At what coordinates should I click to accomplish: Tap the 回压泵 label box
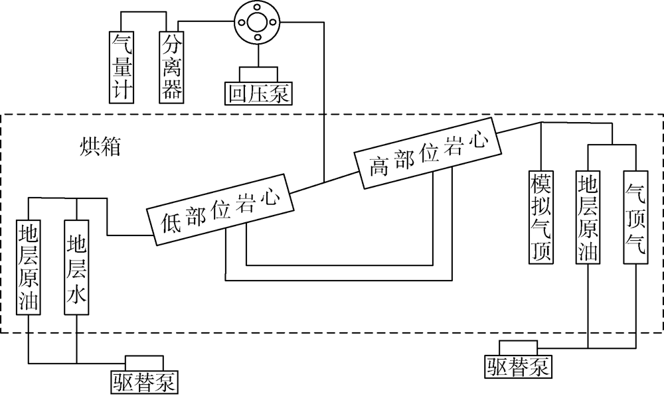[x=258, y=92]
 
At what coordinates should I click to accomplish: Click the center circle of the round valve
[x=255, y=22]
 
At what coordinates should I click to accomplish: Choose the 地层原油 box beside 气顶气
[x=589, y=217]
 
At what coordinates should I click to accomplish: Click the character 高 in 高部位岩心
[x=379, y=166]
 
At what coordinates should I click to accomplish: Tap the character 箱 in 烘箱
[x=110, y=147]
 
